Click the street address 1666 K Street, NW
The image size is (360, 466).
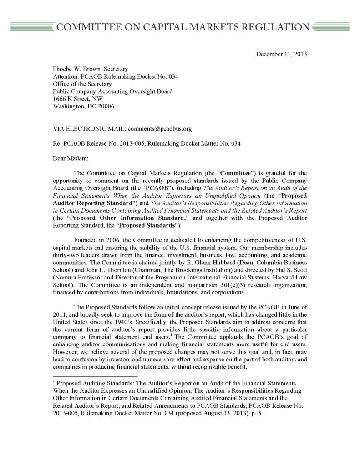tap(78, 99)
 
